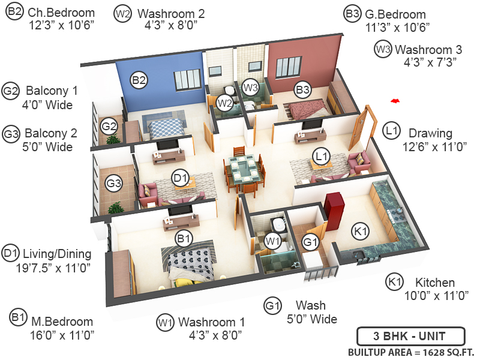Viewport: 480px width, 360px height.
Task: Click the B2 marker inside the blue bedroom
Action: tap(139, 79)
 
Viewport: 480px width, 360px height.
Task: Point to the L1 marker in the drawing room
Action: tap(322, 156)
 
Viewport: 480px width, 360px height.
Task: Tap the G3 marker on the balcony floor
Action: tap(114, 184)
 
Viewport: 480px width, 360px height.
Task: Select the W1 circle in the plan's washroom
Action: tap(274, 241)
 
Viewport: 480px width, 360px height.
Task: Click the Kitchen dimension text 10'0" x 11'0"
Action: tap(427, 296)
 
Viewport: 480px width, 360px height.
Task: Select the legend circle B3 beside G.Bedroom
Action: tap(352, 13)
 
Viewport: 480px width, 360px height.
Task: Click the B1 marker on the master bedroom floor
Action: tap(184, 238)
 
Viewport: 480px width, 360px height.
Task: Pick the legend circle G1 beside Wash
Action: tap(272, 305)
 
